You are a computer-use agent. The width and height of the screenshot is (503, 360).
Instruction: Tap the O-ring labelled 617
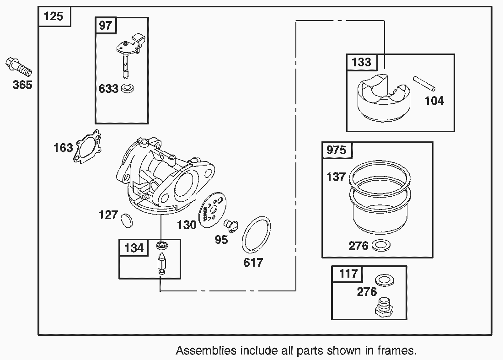pos(256,235)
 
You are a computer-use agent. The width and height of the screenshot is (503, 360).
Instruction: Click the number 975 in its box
pos(337,150)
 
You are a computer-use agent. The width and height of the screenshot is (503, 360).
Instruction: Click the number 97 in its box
pos(106,25)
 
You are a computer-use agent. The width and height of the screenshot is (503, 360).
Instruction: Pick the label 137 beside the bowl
pos(336,177)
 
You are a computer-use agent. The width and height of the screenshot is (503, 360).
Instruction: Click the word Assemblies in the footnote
pos(206,351)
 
